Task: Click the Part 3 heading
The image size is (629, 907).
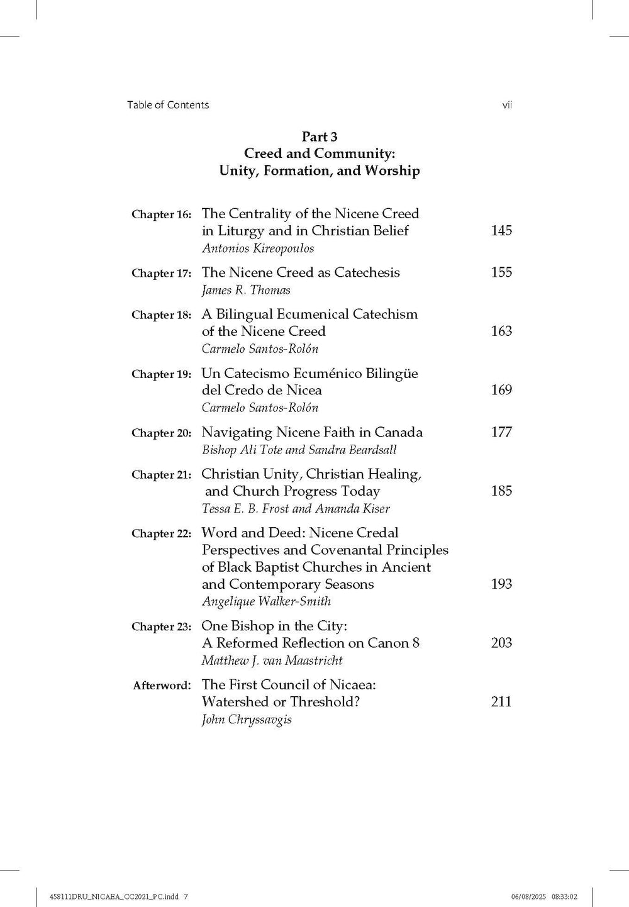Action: (320, 136)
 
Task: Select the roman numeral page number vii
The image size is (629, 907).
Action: (507, 105)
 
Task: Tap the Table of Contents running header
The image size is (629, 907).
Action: (168, 105)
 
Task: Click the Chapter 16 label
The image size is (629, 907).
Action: (161, 214)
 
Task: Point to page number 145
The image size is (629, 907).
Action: (501, 231)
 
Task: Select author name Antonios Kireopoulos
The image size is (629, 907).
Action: (258, 248)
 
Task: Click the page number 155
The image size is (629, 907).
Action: (501, 272)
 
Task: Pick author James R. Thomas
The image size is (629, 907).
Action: (246, 290)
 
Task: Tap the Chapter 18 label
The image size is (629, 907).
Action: (161, 315)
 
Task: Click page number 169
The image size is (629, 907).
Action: (501, 390)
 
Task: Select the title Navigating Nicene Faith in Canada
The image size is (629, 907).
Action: (312, 432)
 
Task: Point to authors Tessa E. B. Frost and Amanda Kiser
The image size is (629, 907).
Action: (296, 509)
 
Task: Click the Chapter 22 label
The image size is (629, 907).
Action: (161, 534)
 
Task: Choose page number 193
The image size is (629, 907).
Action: (501, 584)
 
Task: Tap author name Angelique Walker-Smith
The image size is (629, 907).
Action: (266, 601)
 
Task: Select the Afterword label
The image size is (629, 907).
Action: (162, 686)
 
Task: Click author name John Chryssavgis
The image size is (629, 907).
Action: (247, 720)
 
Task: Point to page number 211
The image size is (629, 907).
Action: (501, 702)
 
